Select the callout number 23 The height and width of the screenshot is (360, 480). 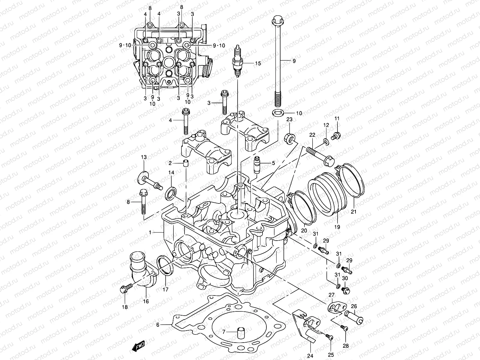point(289,119)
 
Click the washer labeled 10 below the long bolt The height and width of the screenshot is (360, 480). point(278,113)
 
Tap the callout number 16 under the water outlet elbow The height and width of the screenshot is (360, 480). point(146,301)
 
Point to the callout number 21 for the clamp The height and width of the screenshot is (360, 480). point(353,212)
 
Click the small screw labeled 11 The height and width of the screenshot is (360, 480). point(336,136)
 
